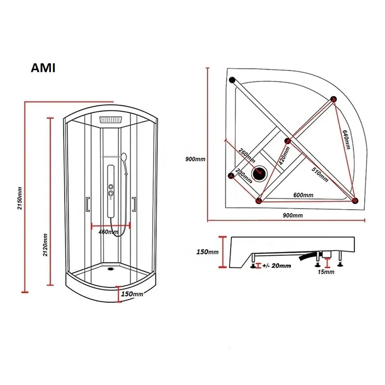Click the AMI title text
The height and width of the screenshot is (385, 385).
[x=43, y=68]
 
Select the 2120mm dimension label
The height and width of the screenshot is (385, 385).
[x=45, y=246]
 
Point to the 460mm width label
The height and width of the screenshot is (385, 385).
[x=108, y=232]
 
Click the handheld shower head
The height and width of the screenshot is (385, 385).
[x=123, y=157]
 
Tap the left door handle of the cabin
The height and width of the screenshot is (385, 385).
[x=88, y=204]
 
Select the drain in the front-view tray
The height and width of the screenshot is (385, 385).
[x=112, y=269]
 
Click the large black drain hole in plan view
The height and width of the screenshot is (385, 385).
[x=258, y=173]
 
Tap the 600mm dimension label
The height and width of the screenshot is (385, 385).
[x=303, y=195]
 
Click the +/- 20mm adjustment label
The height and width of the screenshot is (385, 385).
[x=276, y=266]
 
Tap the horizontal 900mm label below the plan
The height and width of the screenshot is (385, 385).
[x=293, y=215]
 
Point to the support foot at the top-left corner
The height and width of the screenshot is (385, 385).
[x=232, y=80]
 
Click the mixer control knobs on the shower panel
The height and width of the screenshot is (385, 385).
[x=110, y=192]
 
